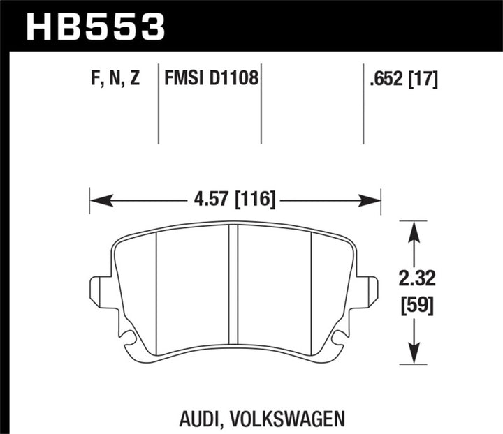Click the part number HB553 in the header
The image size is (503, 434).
point(95,26)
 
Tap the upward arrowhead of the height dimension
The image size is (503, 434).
point(415,231)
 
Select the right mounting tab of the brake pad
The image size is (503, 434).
point(367,291)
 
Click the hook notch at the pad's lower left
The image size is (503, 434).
point(127,339)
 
